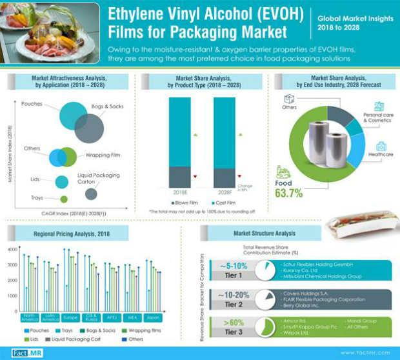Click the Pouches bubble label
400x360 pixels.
point(32,104)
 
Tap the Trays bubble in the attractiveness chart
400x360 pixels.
point(63,199)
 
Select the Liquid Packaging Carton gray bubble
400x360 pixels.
point(91,194)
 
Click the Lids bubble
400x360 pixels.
point(62,182)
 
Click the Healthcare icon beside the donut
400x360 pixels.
point(381,146)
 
